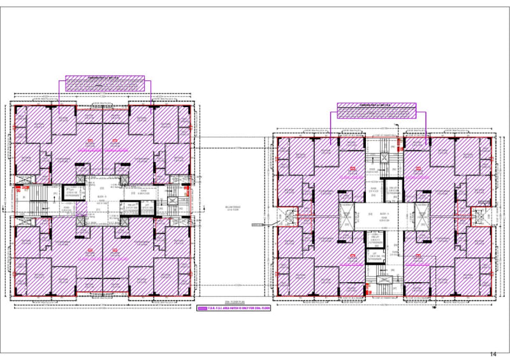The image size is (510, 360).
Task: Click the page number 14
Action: click(x=493, y=354)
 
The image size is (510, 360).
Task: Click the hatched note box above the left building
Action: click(x=105, y=82)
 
